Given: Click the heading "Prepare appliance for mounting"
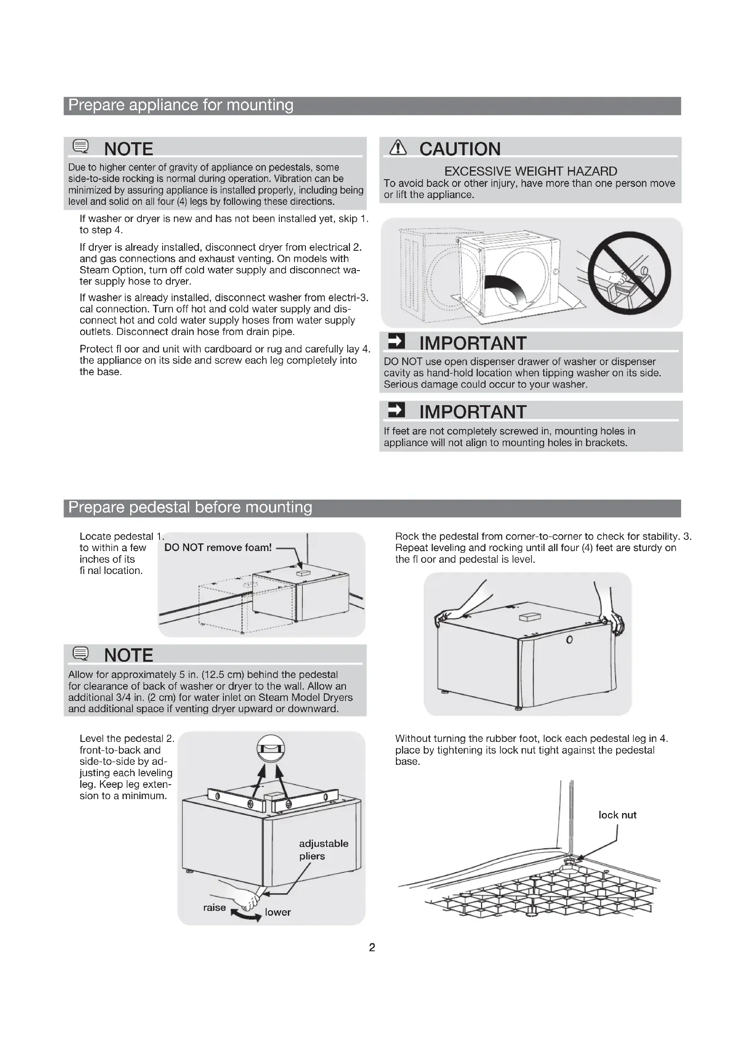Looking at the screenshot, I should point(181,105).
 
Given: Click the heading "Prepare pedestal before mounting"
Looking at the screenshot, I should point(190,508).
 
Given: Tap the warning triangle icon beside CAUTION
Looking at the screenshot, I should point(398,148).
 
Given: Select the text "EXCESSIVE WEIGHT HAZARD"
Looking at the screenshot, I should point(530,172).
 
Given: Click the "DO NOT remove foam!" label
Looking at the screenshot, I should point(218,547).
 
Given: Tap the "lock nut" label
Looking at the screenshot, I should point(617,815).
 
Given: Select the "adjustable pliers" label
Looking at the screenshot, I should point(323,850).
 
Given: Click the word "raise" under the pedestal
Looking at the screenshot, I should point(214,908).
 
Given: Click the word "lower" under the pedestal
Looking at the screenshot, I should point(277,912).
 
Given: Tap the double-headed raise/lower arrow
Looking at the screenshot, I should point(246,915).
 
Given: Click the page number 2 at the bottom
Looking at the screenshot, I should point(372,948).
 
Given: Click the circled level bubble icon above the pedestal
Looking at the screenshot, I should point(271,749).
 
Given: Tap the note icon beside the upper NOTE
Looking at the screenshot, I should point(81,146).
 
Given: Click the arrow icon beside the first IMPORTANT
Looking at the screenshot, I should point(396,341).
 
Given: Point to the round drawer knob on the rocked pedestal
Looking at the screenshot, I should point(569,640).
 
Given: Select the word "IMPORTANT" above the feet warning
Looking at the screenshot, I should point(472,412).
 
